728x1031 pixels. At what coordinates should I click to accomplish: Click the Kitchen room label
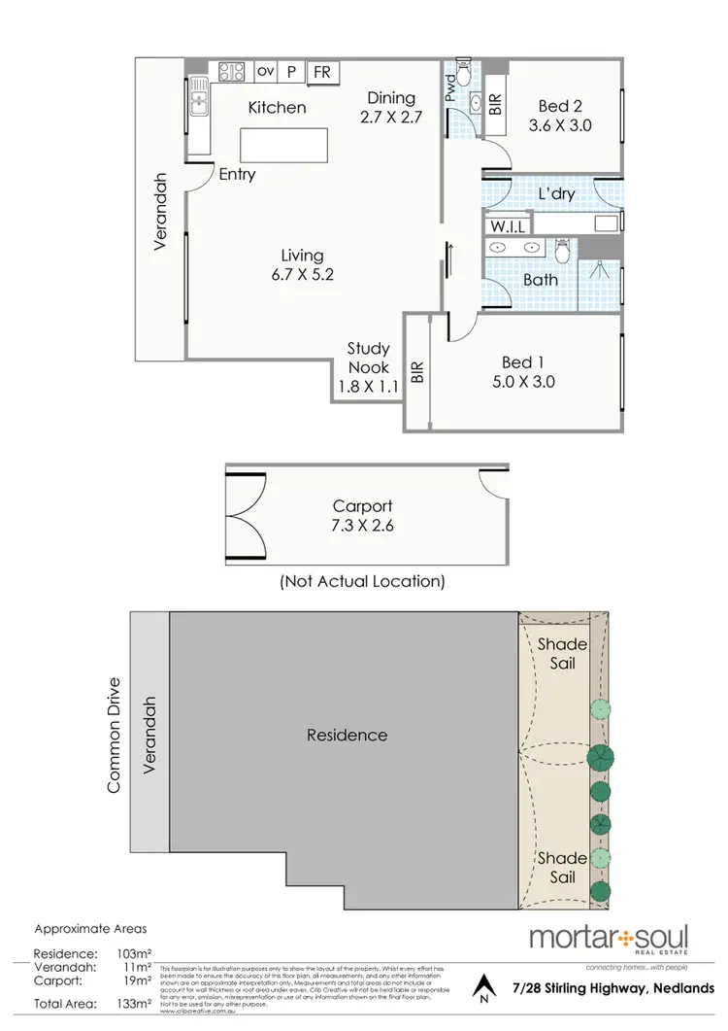click(277, 108)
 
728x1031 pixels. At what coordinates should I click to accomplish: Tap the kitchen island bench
click(278, 146)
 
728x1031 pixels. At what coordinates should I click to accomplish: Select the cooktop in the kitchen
click(232, 71)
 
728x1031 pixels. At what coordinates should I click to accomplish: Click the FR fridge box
click(321, 72)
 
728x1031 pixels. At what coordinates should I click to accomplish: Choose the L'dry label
click(556, 193)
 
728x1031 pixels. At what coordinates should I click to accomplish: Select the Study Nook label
click(369, 358)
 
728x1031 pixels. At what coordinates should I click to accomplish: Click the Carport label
click(362, 506)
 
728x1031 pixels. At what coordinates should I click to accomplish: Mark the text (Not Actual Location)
click(362, 582)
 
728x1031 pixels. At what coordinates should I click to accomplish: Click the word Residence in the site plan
click(347, 736)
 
